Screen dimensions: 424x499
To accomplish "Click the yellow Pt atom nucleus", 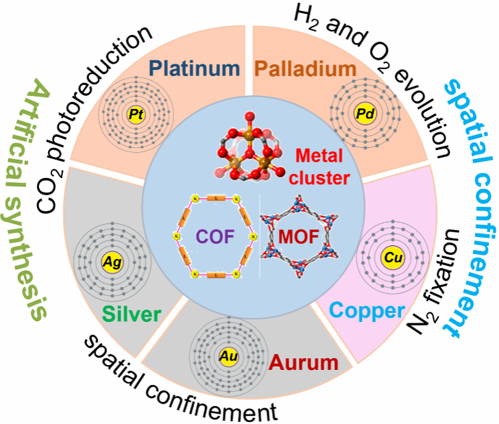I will click(136, 115).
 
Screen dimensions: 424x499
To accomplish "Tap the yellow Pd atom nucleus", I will click(361, 112).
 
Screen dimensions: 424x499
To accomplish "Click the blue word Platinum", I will click(195, 68).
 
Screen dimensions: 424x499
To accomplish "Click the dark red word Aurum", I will click(295, 360).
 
